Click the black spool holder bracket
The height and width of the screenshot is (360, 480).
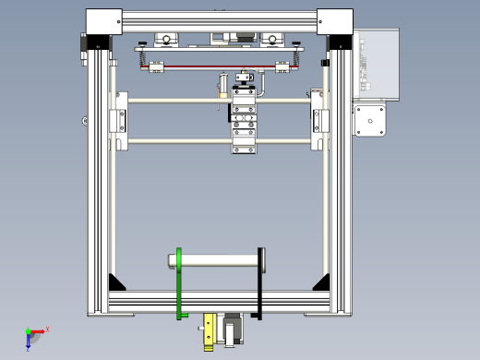tap(261, 284)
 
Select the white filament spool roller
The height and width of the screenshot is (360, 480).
tap(220, 261)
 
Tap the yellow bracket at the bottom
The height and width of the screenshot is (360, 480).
tap(210, 330)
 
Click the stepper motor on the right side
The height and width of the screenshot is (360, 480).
tap(369, 120)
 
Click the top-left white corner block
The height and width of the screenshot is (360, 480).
tap(103, 21)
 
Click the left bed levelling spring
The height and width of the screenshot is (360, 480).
tap(145, 58)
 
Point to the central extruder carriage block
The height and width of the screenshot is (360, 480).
tap(244, 120)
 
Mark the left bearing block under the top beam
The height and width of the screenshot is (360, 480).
tap(167, 40)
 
